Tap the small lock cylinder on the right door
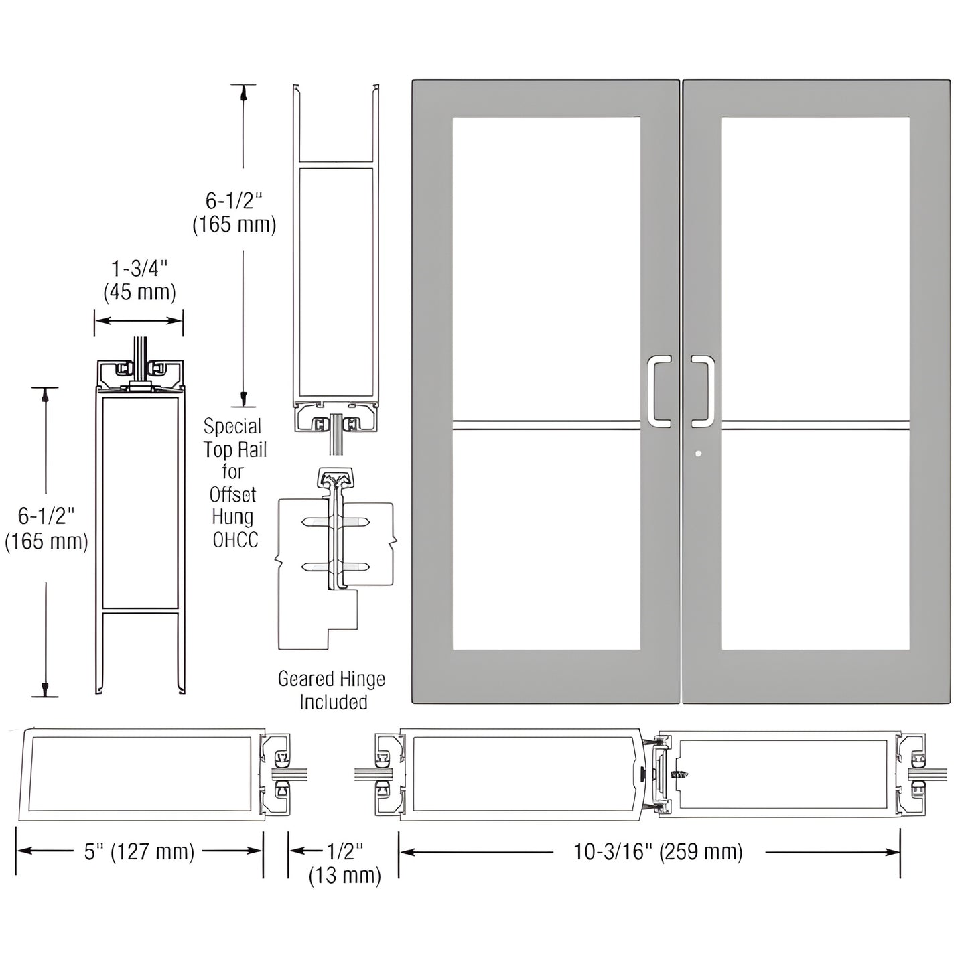(699, 454)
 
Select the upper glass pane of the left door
(546, 268)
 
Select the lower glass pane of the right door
(815, 540)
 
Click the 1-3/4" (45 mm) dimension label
(139, 280)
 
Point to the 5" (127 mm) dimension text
(139, 851)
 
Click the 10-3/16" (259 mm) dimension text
(658, 851)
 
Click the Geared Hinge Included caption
(332, 690)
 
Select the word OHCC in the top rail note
(235, 540)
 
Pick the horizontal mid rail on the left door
(546, 425)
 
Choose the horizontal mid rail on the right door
(815, 425)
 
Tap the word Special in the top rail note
(232, 427)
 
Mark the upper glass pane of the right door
(815, 268)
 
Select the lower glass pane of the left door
(546, 540)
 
